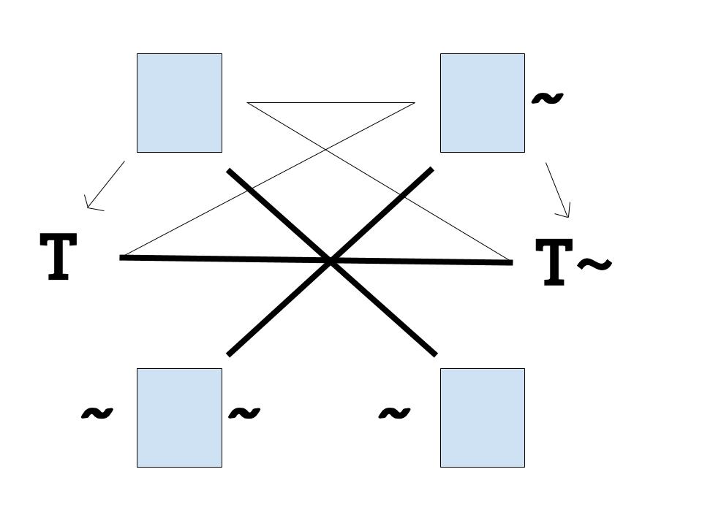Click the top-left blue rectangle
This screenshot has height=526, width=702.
[179, 103]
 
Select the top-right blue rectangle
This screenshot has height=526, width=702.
[482, 103]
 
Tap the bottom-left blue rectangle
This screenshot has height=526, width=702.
[179, 417]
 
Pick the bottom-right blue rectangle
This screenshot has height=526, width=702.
[482, 417]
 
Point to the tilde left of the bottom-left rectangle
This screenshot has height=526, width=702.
[97, 413]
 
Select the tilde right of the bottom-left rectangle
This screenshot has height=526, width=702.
[244, 413]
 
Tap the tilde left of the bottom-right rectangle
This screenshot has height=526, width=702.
[393, 413]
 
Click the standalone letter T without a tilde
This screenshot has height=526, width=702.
[58, 256]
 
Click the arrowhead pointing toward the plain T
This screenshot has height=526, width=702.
[88, 206]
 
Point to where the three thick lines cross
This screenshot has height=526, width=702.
[331, 260]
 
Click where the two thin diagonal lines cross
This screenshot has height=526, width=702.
[326, 150]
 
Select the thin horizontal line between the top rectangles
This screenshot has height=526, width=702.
[331, 103]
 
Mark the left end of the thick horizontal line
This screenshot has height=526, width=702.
[121, 257]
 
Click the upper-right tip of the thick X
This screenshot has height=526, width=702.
[431, 170]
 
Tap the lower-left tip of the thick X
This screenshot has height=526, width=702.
[229, 354]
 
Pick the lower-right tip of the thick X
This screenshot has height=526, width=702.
[435, 354]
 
